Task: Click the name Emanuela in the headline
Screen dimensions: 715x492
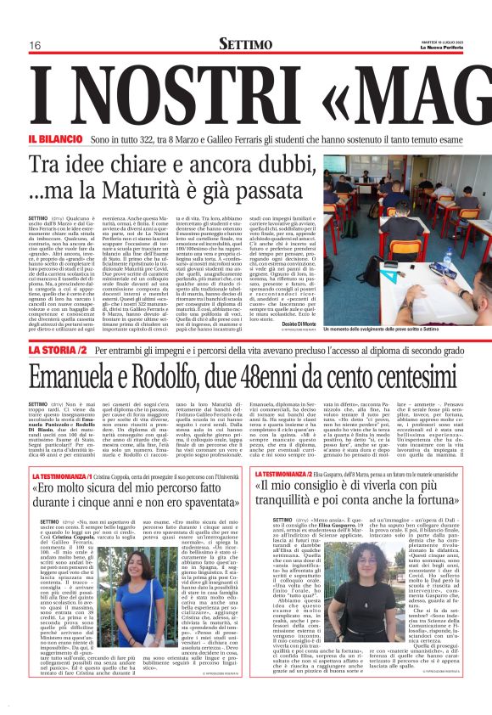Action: point(81,376)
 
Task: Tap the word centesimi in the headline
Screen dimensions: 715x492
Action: point(409,376)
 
